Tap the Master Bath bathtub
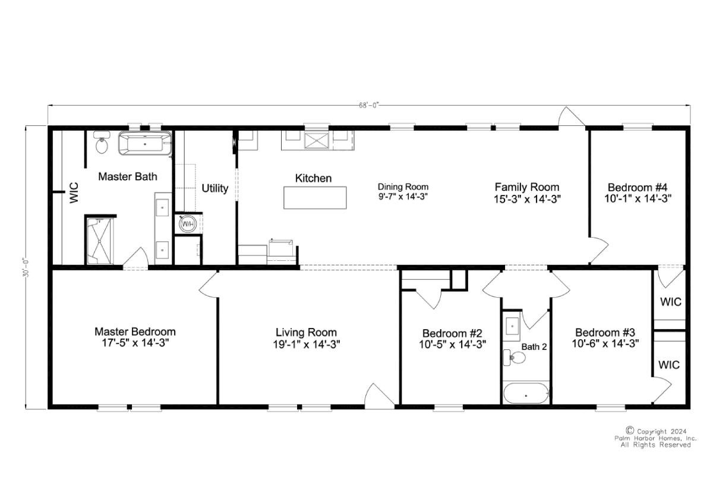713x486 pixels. pos(145,144)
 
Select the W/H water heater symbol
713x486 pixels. pos(187,225)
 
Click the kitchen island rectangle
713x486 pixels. pos(315,198)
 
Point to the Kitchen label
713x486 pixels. pos(313,178)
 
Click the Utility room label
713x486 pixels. pos(215,188)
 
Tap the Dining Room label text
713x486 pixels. pos(403,187)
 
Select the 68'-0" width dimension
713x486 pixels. pos(369,106)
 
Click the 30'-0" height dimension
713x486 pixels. pos(26,269)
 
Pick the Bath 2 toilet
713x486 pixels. pos(514,358)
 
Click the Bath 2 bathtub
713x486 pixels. pos(526,393)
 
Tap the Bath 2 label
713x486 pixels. pos(534,347)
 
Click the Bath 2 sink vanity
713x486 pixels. pos(512,326)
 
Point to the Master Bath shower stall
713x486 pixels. pos(100,241)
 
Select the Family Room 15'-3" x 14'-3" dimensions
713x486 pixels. pos(527,199)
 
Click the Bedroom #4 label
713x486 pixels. pos(638,187)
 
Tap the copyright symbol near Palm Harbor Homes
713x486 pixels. pos(630,430)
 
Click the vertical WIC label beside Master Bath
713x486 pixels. pos(74,192)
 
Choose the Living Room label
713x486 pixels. pos(306,332)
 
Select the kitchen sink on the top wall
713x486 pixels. pos(316,141)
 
